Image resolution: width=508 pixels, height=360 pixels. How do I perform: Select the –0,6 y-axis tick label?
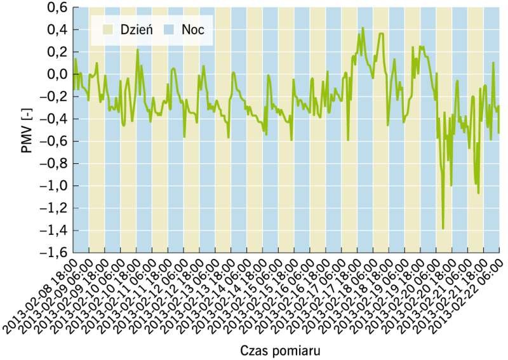(x=53, y=142)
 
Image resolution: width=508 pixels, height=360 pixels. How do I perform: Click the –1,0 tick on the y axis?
(x=53, y=186)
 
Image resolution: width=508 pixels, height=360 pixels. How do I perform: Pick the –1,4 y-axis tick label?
(x=53, y=230)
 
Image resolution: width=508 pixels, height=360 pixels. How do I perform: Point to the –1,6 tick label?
(x=53, y=253)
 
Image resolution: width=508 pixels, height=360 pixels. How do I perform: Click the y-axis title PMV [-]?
(x=27, y=130)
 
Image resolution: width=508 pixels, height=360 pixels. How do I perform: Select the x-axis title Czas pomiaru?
(x=281, y=350)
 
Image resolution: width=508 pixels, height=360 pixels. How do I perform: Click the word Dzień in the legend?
(x=137, y=30)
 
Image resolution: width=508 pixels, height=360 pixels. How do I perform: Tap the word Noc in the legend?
(x=193, y=30)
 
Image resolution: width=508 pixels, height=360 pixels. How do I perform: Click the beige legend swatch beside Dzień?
(x=107, y=30)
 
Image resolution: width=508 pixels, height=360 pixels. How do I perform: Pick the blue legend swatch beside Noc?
(x=169, y=30)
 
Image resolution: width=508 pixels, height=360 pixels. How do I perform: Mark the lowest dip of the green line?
(x=443, y=229)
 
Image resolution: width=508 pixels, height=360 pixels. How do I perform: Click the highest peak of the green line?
(x=363, y=28)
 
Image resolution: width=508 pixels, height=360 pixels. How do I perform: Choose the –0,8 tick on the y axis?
(x=53, y=164)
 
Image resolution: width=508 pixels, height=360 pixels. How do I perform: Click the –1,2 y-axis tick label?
(x=53, y=208)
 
